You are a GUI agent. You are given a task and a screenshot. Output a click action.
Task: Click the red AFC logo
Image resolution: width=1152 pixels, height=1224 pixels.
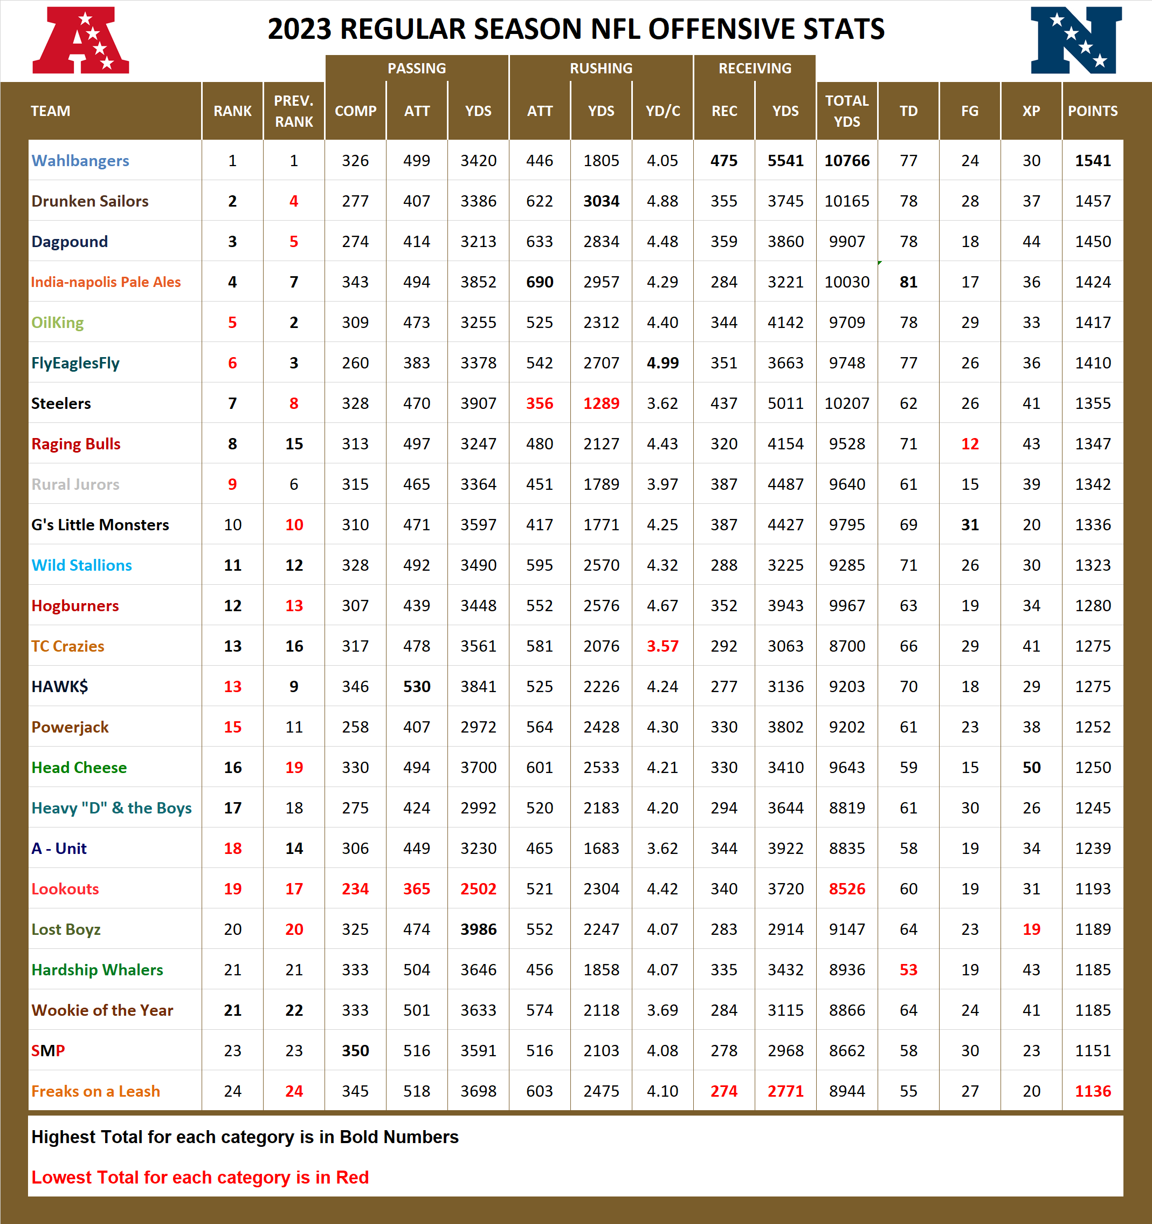[x=81, y=40]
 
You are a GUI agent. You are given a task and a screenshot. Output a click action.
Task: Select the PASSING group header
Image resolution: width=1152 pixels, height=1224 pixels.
[x=417, y=69]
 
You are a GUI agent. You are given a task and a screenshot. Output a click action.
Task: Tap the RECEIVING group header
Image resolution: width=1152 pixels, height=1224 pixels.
[x=755, y=69]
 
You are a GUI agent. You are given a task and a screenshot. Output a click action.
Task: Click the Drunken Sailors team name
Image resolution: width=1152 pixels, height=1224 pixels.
[x=90, y=201]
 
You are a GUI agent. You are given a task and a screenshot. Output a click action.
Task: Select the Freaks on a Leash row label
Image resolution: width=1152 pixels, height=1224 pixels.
[x=95, y=1091]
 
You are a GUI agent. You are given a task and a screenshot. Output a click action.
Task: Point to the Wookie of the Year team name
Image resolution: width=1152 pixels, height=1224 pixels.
[x=102, y=1010]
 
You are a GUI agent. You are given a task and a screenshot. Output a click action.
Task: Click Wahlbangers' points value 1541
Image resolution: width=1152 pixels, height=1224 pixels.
[x=1092, y=161]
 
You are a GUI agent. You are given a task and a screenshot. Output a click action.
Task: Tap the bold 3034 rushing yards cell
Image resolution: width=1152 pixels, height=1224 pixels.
[x=601, y=201]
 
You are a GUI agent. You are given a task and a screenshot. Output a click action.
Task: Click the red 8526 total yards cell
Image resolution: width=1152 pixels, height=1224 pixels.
[x=847, y=889]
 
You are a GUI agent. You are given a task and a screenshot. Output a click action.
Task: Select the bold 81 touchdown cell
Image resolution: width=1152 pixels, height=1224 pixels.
[x=908, y=282]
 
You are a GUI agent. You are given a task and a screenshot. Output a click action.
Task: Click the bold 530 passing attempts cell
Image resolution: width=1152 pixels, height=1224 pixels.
[x=417, y=687]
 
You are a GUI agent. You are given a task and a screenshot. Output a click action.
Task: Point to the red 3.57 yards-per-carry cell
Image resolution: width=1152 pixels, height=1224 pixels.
[x=662, y=646]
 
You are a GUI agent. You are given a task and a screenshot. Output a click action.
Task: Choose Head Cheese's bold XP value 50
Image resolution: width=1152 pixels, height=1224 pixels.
[x=1031, y=768]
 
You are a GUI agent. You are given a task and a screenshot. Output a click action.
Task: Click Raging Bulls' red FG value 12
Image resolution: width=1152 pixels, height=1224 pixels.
[x=970, y=444]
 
